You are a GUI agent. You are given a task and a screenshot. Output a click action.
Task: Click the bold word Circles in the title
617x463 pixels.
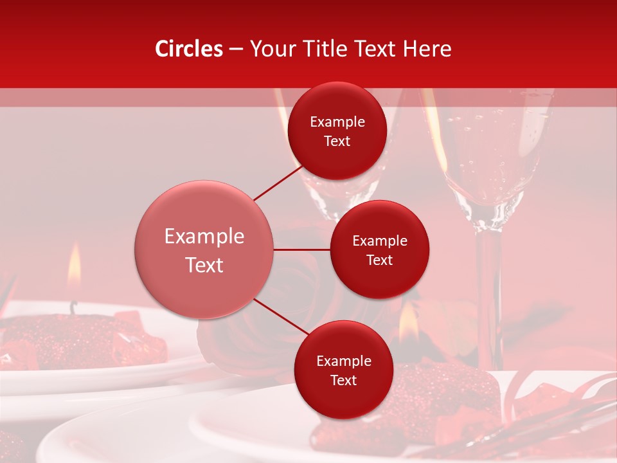189,49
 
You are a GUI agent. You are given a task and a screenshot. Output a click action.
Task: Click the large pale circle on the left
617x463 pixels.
204,250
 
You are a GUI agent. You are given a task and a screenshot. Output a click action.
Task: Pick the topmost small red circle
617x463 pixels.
337,131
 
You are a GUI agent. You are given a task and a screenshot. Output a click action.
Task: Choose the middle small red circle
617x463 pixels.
380,250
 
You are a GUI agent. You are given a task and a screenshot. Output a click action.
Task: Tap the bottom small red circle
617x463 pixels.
343,370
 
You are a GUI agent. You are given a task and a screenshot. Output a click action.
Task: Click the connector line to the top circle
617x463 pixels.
278,183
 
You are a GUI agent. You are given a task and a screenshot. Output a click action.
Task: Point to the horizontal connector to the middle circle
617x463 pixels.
302,250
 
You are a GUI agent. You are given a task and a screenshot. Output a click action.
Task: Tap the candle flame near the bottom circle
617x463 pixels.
408,325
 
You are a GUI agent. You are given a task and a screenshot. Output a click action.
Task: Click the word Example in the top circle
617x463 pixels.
337,122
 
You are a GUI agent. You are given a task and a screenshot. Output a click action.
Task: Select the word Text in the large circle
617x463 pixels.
204,265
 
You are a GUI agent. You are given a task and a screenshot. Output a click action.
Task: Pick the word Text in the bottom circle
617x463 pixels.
343,380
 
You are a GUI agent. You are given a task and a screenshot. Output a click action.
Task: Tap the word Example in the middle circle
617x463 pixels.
380,241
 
